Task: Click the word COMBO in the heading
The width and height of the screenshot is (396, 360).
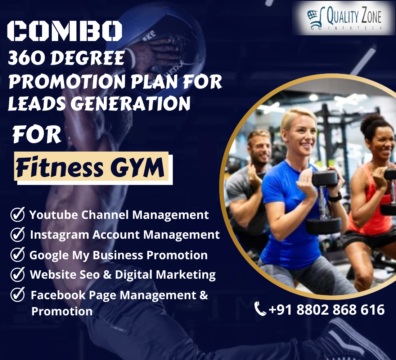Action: [65, 31]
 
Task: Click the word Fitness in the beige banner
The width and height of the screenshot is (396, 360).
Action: [60, 167]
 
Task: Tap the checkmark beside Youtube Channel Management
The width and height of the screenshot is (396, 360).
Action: [18, 214]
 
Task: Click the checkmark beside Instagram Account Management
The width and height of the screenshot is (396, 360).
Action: [18, 234]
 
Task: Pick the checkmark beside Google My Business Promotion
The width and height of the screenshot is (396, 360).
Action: [18, 254]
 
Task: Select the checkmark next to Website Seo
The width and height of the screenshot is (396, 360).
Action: [18, 274]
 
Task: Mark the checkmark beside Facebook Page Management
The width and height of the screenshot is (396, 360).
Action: [18, 294]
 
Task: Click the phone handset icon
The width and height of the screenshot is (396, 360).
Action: [260, 309]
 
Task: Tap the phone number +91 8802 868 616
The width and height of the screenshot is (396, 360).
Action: [327, 310]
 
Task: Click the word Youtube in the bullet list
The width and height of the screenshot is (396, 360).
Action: [54, 215]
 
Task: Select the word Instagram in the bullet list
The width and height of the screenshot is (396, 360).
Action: [60, 235]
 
